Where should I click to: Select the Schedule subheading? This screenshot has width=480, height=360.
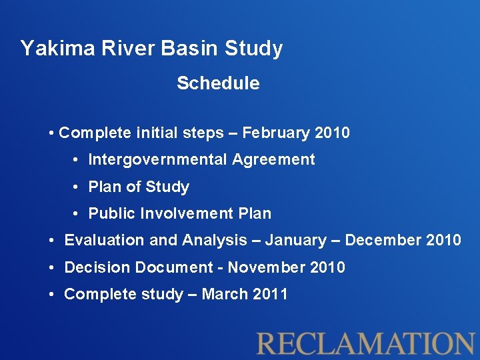point(218,83)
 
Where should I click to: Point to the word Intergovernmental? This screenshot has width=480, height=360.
point(158,159)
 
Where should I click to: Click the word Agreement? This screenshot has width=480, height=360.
point(273,159)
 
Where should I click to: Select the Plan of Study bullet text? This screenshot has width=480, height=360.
point(139,187)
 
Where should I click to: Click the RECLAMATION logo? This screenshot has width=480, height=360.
point(366,342)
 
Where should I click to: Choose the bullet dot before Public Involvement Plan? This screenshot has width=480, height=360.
point(77,213)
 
